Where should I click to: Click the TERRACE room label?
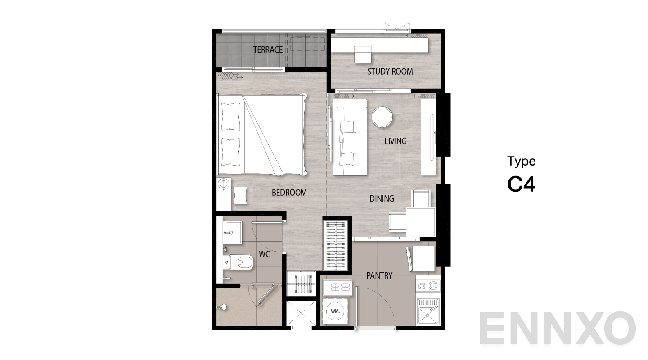(x=268, y=50)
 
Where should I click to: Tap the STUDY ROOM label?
(x=390, y=72)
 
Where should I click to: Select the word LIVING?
(x=396, y=141)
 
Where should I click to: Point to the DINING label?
(x=382, y=198)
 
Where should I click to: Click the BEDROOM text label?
(x=289, y=193)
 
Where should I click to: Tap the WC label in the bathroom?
(x=265, y=254)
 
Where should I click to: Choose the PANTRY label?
(x=379, y=275)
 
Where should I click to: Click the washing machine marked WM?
(x=335, y=311)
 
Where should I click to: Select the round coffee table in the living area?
(x=382, y=117)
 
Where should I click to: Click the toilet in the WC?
(x=238, y=262)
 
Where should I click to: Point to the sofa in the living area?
(x=350, y=137)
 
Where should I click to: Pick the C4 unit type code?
(x=521, y=184)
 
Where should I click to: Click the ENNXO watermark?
(x=558, y=328)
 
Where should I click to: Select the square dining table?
(x=421, y=222)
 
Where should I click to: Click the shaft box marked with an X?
(x=301, y=313)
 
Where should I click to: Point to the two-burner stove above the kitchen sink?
(x=428, y=286)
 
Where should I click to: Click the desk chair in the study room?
(x=363, y=54)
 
